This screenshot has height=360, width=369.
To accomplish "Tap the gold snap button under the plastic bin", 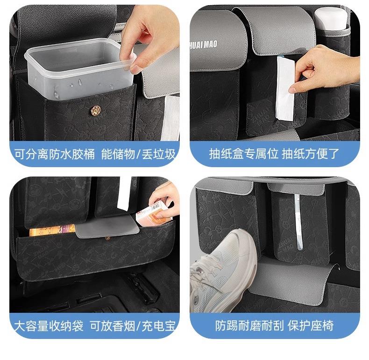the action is point(96,110).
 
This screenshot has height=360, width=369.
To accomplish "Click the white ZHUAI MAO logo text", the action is point(204,45).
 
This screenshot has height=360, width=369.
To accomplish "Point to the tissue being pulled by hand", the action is point(285,88).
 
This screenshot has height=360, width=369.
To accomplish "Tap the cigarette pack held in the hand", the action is point(153,214).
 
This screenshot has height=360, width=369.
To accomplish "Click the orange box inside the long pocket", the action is point(52,230).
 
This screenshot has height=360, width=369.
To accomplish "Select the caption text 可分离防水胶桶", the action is point(55,155).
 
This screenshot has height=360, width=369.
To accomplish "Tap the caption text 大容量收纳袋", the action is point(49,326).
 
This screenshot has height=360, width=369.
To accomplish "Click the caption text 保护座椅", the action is point(311,325).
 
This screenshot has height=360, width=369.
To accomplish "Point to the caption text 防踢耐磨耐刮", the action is point(249,325).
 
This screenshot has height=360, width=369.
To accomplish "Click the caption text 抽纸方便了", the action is point(311,154).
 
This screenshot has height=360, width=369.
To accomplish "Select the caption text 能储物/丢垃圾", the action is point(138,155).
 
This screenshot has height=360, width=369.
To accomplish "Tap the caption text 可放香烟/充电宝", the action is point(133,326).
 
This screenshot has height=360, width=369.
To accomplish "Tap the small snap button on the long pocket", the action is point(108,239).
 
